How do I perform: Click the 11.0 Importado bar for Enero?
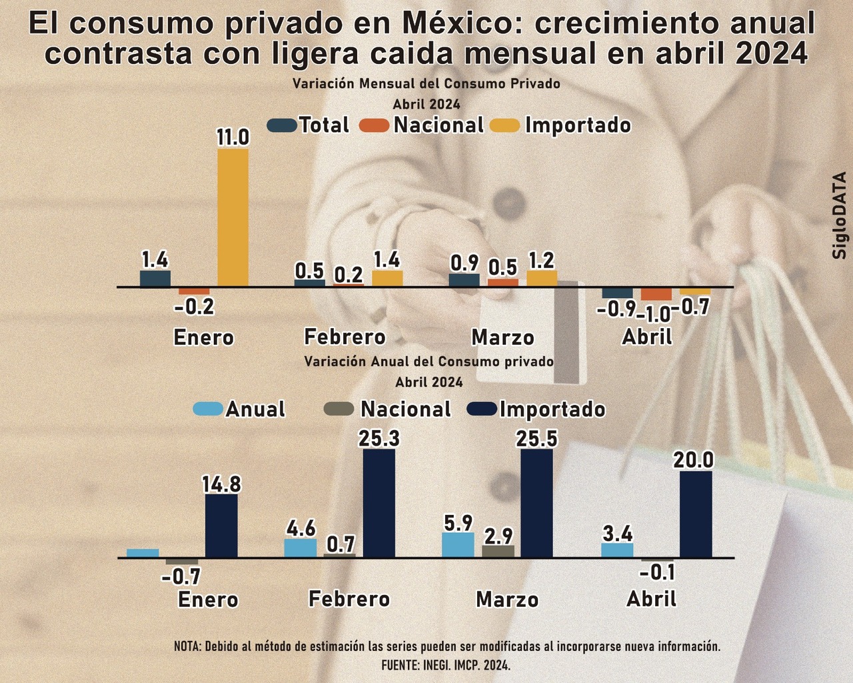233,217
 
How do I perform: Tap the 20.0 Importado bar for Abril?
696,514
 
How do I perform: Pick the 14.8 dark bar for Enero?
221,526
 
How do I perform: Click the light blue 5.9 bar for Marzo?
458,544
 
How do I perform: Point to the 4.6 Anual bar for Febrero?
301,548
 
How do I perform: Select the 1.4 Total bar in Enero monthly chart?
155,278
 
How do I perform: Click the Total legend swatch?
281,125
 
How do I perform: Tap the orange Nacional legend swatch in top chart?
374,125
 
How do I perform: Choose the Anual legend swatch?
207,409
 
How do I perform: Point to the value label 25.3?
379,438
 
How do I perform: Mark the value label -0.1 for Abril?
658,572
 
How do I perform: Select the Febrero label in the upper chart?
345,337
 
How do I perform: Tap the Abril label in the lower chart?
651,599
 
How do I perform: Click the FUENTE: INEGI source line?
446,665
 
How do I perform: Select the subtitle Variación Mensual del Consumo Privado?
426,84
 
